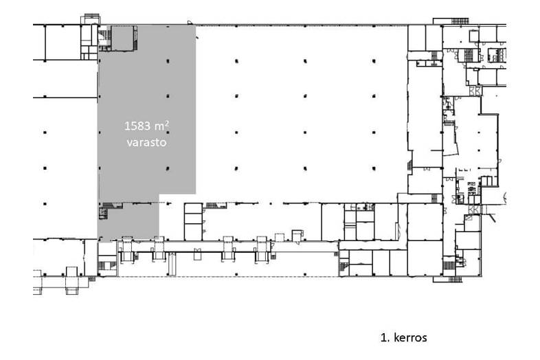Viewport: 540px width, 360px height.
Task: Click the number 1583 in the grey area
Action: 137,126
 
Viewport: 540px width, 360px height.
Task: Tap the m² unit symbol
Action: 161,126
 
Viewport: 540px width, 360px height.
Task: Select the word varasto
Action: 147,142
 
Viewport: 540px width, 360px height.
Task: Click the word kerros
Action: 410,337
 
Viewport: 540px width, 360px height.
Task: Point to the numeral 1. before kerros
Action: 384,337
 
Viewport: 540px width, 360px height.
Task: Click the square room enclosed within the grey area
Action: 122,38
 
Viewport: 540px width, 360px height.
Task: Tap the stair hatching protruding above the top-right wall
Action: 460,21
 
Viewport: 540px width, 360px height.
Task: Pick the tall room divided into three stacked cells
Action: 193,222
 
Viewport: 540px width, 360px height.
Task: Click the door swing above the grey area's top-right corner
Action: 190,23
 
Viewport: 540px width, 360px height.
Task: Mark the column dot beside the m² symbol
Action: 168,133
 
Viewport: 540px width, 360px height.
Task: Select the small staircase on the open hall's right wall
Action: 410,165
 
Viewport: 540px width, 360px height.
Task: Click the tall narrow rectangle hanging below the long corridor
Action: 172,264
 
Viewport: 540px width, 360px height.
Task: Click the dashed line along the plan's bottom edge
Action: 228,277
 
